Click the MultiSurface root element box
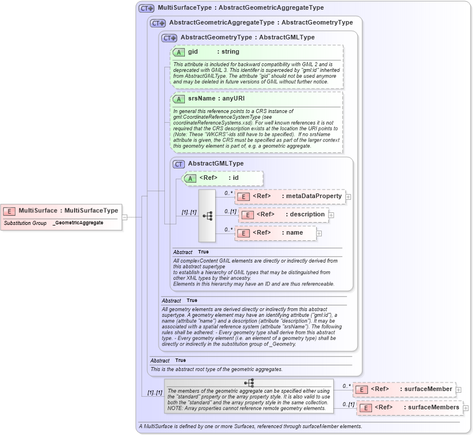point(61,211)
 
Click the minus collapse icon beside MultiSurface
point(124,217)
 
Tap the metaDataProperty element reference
point(290,196)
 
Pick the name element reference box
point(276,233)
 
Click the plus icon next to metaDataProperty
point(348,197)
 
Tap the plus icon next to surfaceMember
point(459,389)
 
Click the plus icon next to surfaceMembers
point(466,408)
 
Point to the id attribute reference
point(223,178)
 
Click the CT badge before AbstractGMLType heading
point(179,164)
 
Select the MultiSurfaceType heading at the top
point(240,8)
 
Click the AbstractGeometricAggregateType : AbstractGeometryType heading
point(261,23)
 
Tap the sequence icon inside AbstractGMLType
point(207,215)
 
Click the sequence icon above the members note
point(249,383)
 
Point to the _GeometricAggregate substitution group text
point(79,223)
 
